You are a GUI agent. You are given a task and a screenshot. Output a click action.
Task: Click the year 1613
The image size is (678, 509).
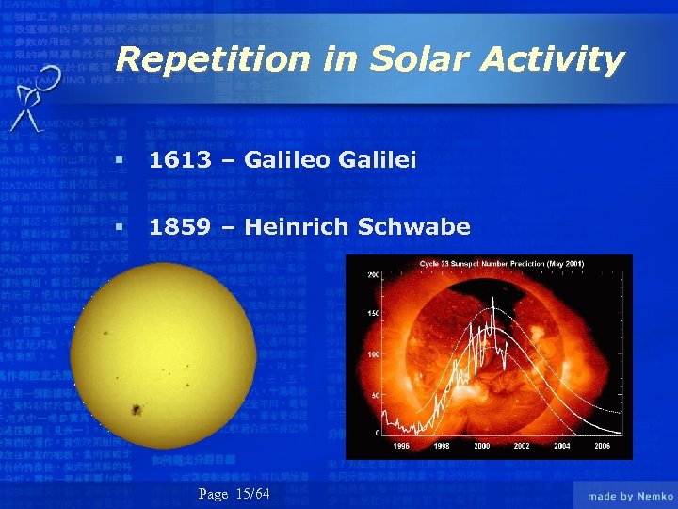180,161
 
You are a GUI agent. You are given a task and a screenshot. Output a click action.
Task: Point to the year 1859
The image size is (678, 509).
180,227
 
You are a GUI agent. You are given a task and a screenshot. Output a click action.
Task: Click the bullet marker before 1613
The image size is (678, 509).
116,162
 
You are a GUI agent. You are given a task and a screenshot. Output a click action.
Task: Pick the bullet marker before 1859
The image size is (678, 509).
116,228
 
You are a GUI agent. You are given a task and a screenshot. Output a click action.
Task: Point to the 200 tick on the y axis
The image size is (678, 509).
373,274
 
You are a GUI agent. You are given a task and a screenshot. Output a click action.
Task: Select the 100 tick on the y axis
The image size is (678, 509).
373,354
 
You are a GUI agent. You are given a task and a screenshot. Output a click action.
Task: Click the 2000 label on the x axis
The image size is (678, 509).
482,445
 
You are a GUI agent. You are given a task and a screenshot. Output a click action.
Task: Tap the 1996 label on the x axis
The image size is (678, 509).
401,445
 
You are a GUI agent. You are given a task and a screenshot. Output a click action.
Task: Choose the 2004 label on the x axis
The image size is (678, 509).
562,445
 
